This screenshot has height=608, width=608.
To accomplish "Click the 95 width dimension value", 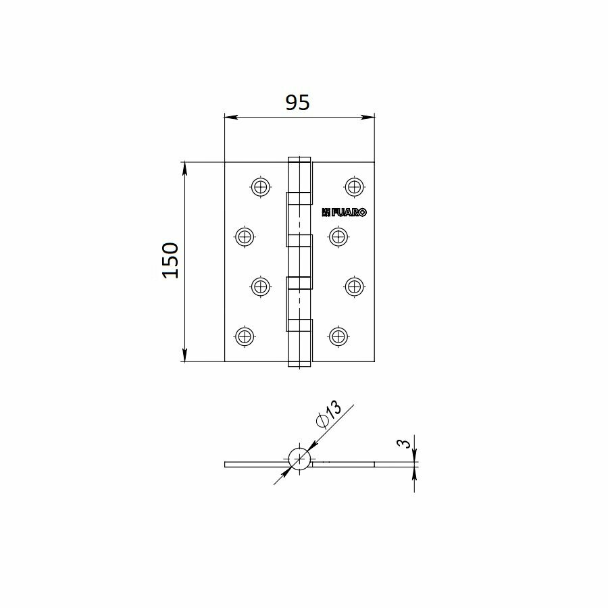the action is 297,103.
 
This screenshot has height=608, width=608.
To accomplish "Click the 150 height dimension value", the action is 171,261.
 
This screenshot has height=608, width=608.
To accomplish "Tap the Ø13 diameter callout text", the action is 329,414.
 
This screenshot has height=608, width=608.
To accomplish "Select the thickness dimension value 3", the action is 404,443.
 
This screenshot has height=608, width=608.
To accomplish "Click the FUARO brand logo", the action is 344,212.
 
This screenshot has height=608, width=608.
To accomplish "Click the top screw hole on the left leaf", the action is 261,187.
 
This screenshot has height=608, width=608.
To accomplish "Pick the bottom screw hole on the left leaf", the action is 245,336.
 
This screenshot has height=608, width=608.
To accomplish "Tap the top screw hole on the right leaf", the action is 354,186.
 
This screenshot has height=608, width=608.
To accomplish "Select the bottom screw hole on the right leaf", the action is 338,336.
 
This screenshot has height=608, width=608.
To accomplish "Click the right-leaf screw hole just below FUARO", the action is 338,236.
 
